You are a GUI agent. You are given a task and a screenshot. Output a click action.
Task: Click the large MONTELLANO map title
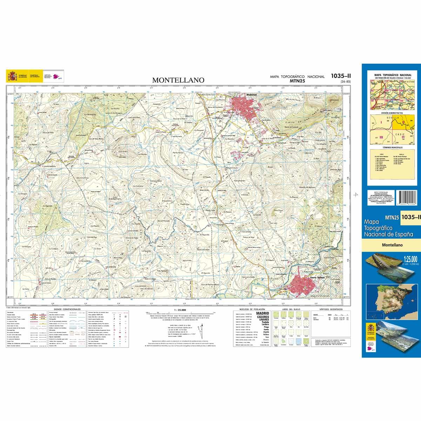(178, 80)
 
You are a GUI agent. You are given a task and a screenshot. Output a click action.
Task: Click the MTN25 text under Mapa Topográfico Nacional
(297, 81)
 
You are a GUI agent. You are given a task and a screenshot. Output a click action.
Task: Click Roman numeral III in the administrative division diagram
(381, 137)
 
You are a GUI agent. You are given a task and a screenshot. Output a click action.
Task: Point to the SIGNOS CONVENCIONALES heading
(67, 309)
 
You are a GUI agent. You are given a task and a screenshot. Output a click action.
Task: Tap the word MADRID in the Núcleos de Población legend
(263, 313)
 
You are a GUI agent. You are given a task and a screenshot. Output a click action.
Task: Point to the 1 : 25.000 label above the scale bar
(178, 310)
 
